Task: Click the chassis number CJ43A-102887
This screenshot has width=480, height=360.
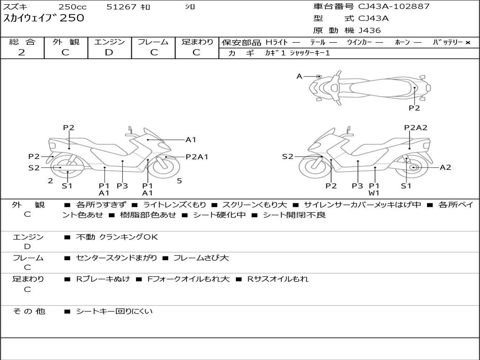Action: (394, 7)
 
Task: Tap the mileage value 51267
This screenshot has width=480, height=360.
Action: (121, 7)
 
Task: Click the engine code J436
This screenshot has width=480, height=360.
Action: (369, 30)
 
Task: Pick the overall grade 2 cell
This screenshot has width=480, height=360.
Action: (22, 52)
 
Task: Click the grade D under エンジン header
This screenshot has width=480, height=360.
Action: (109, 52)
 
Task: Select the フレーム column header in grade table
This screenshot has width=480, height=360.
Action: (153, 42)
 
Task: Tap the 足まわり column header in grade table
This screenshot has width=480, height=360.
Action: (197, 42)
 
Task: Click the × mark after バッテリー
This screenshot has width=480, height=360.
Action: (467, 43)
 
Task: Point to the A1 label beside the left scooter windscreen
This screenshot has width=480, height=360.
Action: (191, 139)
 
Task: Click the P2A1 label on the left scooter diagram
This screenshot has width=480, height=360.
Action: (197, 157)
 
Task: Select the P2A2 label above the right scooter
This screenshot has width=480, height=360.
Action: (416, 127)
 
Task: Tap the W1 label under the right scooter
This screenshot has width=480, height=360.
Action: (374, 193)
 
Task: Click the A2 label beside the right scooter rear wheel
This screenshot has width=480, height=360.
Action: (445, 167)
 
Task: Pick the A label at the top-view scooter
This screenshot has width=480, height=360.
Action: (300, 76)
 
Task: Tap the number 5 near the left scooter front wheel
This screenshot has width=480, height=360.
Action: (179, 180)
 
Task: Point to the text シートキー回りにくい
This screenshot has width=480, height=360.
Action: (114, 311)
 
